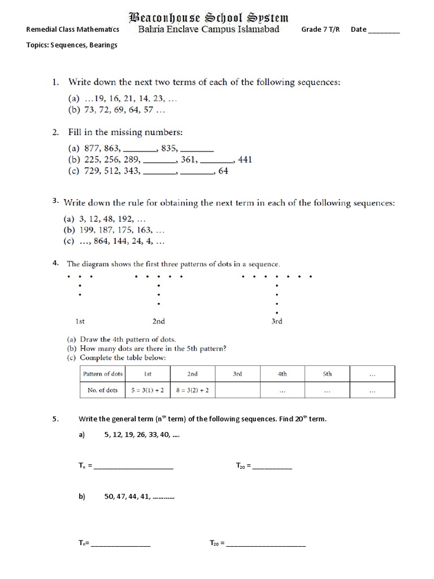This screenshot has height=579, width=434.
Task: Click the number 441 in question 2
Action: click(x=245, y=159)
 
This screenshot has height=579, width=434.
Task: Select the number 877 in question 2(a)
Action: click(x=92, y=149)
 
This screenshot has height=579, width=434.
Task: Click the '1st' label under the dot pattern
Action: click(x=80, y=321)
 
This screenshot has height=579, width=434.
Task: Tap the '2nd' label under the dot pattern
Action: click(x=159, y=321)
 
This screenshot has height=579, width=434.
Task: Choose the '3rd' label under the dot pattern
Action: click(x=276, y=321)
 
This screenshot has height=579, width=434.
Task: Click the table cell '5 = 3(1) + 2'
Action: click(x=147, y=390)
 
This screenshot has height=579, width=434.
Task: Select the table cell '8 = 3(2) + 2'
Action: click(x=192, y=390)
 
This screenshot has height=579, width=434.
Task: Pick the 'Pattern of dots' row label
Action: click(x=102, y=374)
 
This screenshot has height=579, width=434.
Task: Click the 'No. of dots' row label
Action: click(x=102, y=390)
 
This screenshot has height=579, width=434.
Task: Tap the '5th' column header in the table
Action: click(x=327, y=374)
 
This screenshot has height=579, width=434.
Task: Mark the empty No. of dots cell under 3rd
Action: click(x=237, y=390)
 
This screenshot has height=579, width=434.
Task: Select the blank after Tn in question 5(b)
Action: click(x=121, y=545)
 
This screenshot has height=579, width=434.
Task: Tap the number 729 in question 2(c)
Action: click(x=91, y=171)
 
